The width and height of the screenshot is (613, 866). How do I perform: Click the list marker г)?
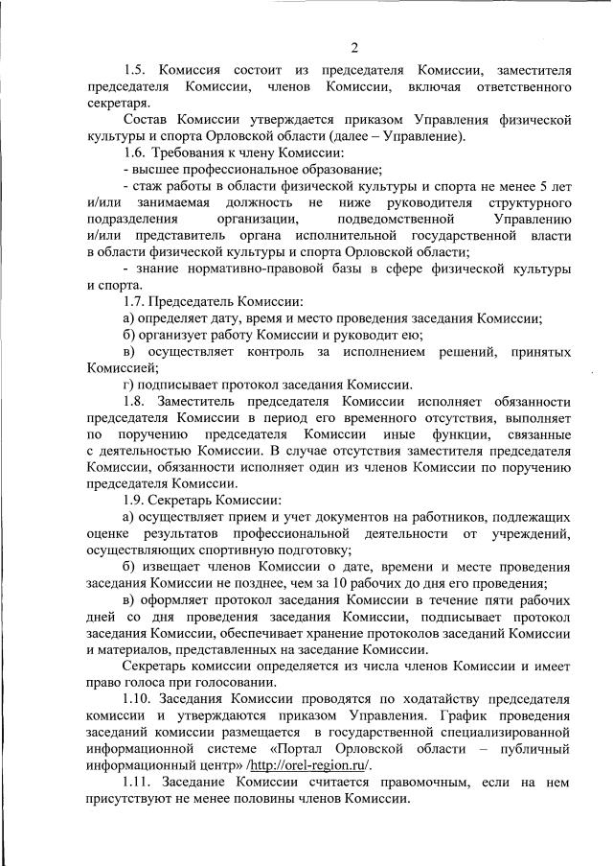coord(130,385)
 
